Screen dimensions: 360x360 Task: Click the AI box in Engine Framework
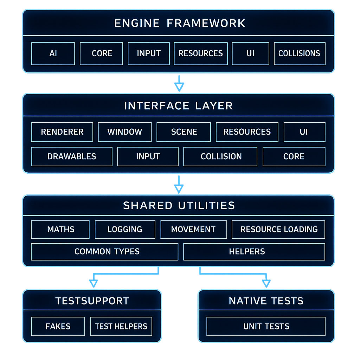pos(53,53)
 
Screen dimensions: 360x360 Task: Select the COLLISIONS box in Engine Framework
pos(300,53)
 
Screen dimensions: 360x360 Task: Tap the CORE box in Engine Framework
pos(101,53)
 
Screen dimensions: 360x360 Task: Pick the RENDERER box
pos(62,132)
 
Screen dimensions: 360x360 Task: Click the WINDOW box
pos(125,132)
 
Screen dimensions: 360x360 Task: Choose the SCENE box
pos(184,132)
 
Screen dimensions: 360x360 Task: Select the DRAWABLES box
pos(72,156)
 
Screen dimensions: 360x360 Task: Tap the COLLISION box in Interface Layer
pos(220,156)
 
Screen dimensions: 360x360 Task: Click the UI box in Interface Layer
pos(304,132)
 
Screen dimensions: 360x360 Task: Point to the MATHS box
pos(60,229)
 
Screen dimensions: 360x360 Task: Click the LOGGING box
pos(125,229)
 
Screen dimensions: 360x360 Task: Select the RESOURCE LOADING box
pos(278,229)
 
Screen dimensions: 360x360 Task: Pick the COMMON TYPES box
pos(105,252)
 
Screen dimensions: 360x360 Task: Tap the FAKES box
pos(58,326)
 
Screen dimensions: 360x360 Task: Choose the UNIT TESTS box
pos(266,326)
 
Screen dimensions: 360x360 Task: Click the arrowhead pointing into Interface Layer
pos(179,87)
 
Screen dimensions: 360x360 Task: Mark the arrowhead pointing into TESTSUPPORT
pos(94,283)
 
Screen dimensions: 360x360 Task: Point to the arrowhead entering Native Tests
pos(266,283)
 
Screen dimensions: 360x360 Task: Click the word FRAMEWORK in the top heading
pos(206,23)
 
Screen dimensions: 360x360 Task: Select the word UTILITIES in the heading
pos(206,205)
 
